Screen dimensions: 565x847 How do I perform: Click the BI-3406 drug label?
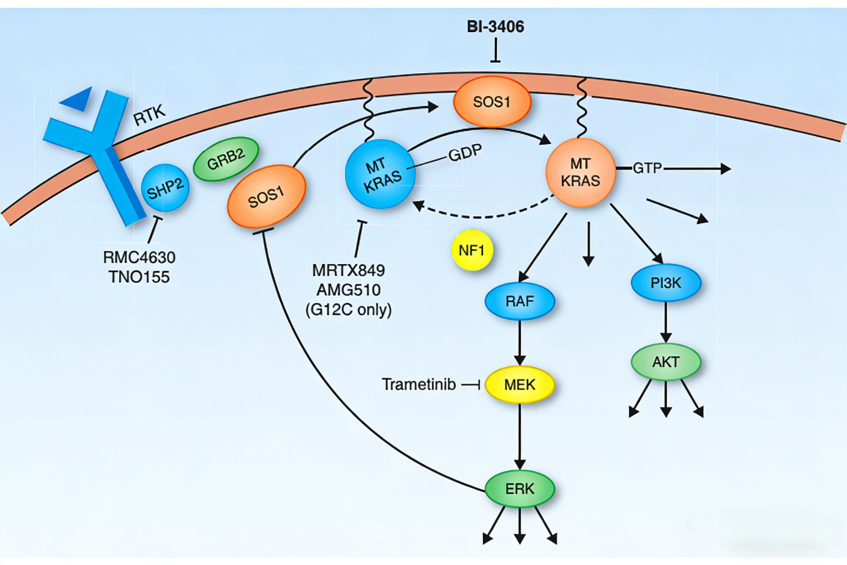[495, 27]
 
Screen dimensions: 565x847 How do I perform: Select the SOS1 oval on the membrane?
[492, 102]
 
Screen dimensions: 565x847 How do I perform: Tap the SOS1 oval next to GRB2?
[266, 196]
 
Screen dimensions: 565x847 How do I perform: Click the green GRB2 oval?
[226, 159]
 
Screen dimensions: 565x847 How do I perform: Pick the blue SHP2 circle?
[165, 188]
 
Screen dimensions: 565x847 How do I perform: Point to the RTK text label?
[149, 115]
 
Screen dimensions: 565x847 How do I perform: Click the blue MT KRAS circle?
[380, 174]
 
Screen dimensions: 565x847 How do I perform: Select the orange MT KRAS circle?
[581, 173]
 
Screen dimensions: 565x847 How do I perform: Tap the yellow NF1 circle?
[472, 250]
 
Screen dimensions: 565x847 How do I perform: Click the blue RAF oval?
[520, 301]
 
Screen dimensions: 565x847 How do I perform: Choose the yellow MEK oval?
[520, 385]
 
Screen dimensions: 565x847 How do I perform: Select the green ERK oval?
[520, 489]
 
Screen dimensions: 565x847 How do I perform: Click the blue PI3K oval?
[666, 283]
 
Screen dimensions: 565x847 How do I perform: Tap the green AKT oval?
[666, 362]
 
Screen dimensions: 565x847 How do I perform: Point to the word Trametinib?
[419, 385]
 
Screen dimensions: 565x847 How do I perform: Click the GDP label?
[465, 153]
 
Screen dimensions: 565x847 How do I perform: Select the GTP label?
[647, 168]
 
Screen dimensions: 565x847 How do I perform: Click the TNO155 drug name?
[139, 277]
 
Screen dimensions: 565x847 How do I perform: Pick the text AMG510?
[348, 290]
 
